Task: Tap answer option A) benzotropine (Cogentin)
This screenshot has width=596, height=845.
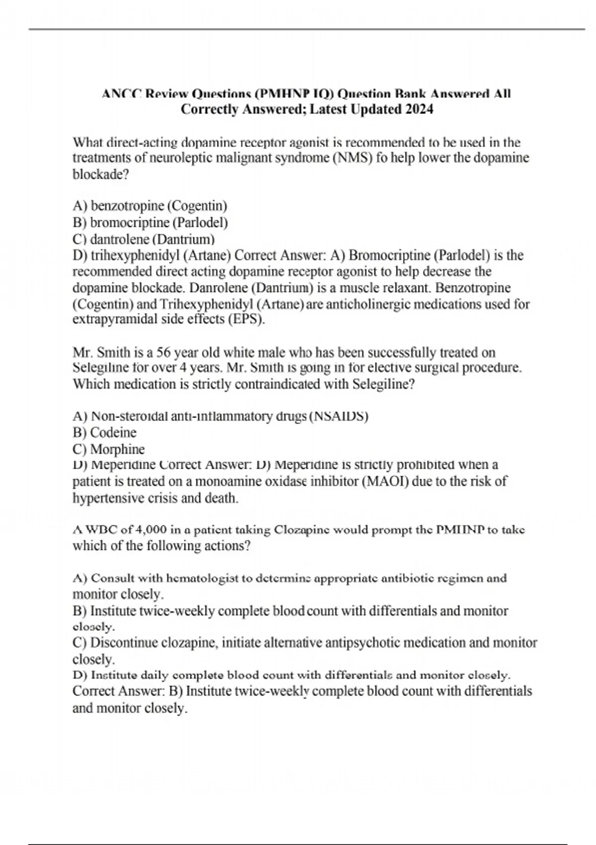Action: tap(149, 205)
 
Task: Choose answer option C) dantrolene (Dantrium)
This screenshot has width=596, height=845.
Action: tap(144, 239)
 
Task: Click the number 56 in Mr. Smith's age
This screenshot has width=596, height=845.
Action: tap(163, 352)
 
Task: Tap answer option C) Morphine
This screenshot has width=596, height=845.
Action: tap(108, 449)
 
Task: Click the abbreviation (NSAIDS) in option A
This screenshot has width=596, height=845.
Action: tap(339, 416)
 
